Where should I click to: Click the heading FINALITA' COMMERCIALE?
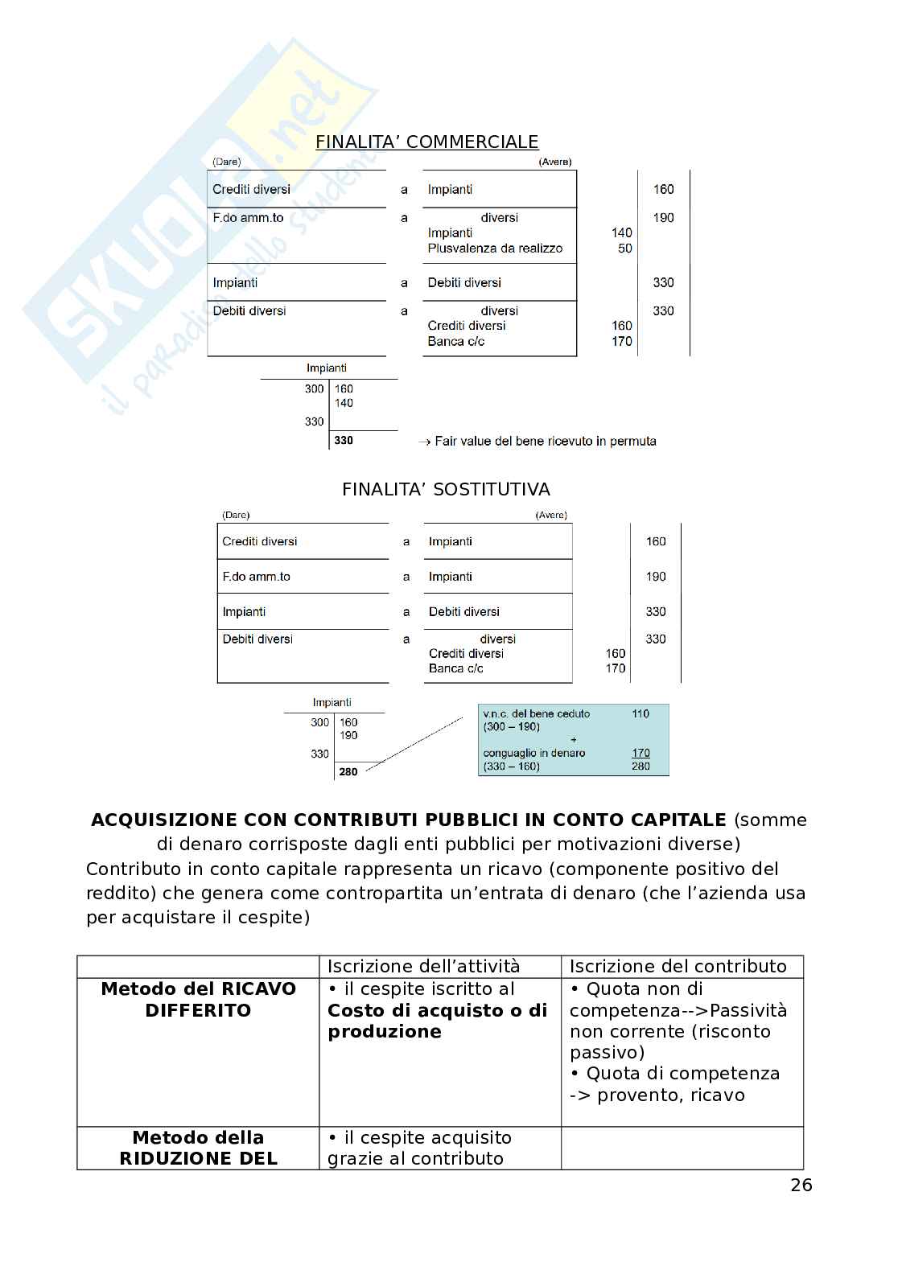(426, 142)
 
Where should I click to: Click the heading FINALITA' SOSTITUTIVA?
(446, 489)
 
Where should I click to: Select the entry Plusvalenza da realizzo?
(495, 249)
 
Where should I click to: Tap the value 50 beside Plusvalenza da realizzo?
(625, 249)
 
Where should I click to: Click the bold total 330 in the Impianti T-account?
(344, 440)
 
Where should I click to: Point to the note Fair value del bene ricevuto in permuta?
(545, 441)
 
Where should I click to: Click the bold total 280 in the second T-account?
(348, 771)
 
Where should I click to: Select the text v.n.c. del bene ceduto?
(536, 713)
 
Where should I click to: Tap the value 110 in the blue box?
(641, 713)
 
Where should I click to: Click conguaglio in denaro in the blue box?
(533, 753)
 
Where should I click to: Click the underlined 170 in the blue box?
(641, 753)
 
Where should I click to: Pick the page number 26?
(801, 1185)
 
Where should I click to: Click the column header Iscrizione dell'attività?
(423, 966)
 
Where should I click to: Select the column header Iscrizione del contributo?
(678, 966)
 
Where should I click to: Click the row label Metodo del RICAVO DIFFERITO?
(198, 999)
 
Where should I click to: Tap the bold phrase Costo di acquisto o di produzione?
(436, 1021)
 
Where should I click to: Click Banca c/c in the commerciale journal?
(455, 341)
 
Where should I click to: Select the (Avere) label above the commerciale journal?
(554, 162)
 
